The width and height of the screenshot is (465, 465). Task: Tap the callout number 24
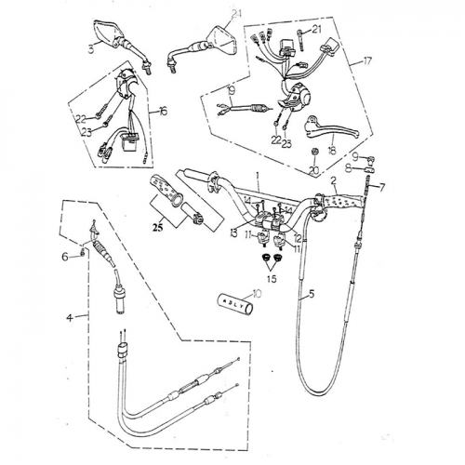236,12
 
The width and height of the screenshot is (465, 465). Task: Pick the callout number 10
258,293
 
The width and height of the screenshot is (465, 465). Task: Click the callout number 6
65,256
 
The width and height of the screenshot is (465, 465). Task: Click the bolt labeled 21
298,40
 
